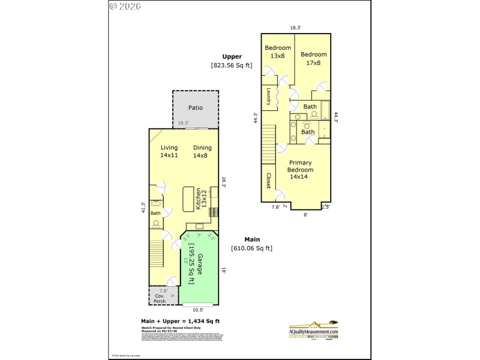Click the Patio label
(x=196, y=108)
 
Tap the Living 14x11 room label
(x=169, y=151)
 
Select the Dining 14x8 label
(x=202, y=151)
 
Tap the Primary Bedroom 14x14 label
(x=301, y=169)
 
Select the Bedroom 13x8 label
(x=278, y=52)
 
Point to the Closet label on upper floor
(x=268, y=181)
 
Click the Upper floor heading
(x=232, y=56)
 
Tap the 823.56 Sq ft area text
(x=232, y=65)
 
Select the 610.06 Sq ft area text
(x=251, y=248)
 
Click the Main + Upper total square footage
(x=180, y=321)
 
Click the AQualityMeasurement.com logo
(x=313, y=330)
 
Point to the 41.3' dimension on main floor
(x=143, y=207)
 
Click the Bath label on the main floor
(x=155, y=213)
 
